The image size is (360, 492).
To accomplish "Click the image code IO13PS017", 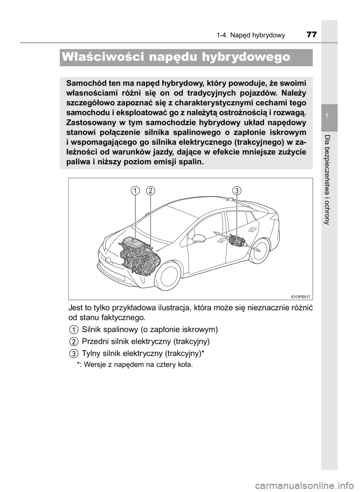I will click(300, 296).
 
